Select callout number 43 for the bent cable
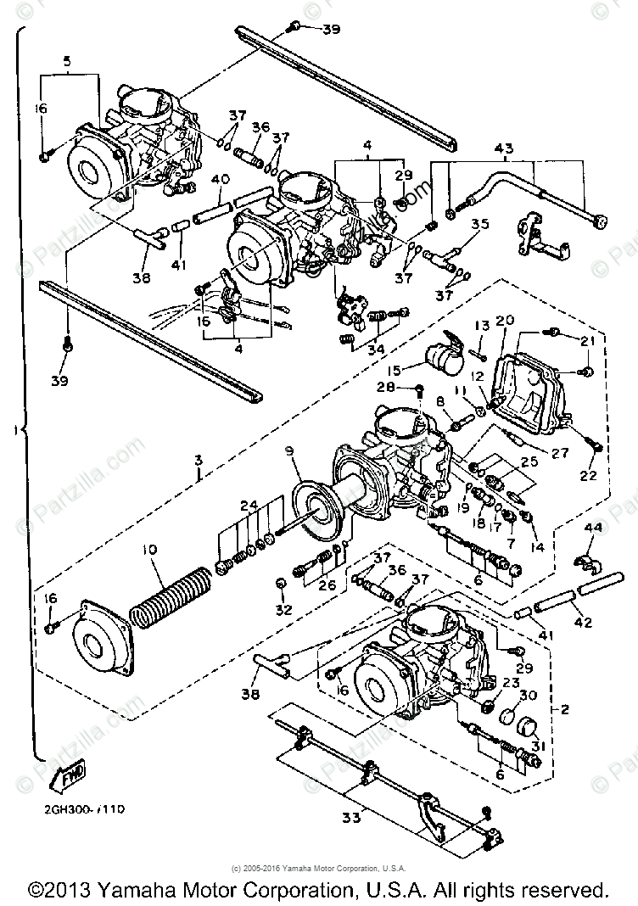click(504, 149)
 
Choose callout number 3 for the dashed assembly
click(198, 460)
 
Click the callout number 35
click(480, 225)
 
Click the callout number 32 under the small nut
click(282, 609)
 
